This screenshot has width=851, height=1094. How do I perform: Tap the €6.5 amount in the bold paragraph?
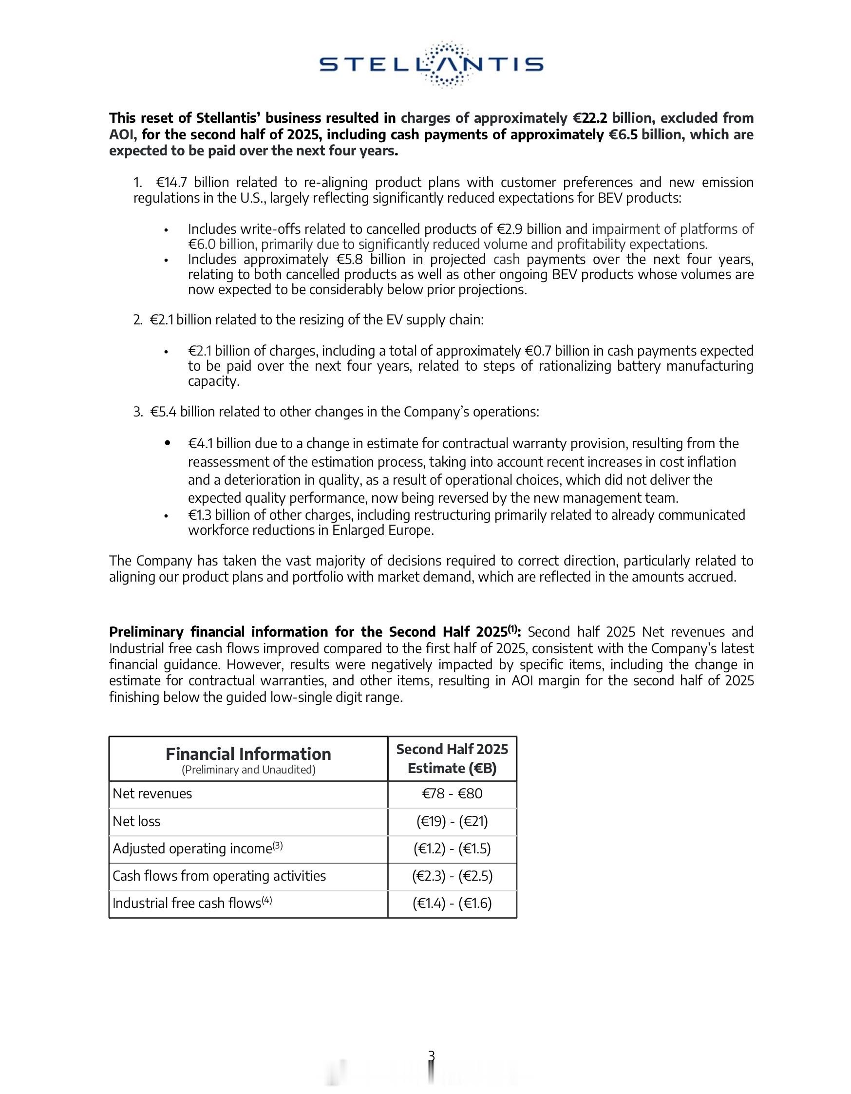pos(623,135)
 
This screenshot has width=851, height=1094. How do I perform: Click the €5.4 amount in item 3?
pos(163,412)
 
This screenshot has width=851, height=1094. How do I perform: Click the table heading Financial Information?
pos(248,754)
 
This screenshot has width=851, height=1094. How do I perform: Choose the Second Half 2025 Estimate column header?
pos(452,758)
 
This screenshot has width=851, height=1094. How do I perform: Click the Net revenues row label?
pos(152,794)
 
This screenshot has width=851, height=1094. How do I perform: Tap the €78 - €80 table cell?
pos(452,794)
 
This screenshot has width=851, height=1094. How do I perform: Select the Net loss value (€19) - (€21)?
pos(452,822)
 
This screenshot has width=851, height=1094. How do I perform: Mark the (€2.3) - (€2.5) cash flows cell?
pos(452,876)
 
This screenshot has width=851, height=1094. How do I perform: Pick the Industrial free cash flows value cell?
pos(452,903)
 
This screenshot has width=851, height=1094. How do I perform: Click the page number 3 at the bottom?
pos(431,1055)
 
